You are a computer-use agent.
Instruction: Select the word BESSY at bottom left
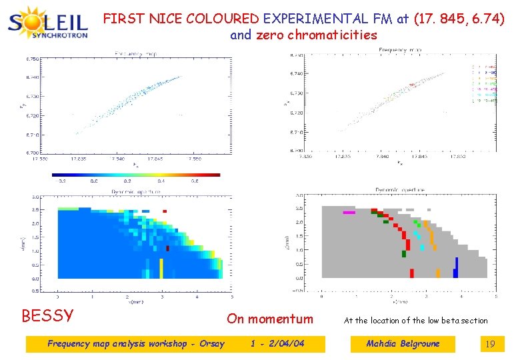click(47, 315)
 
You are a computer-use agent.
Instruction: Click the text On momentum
click(270, 319)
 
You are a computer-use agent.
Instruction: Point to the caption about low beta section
click(415, 321)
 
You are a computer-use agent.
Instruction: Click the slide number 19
click(490, 344)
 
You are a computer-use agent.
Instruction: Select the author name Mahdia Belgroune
click(403, 344)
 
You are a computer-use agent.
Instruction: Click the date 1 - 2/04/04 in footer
click(277, 344)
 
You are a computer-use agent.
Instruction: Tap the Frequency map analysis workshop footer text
click(136, 344)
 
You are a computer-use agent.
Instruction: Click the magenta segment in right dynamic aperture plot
click(349, 213)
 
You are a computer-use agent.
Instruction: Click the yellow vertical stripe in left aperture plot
click(161, 268)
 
